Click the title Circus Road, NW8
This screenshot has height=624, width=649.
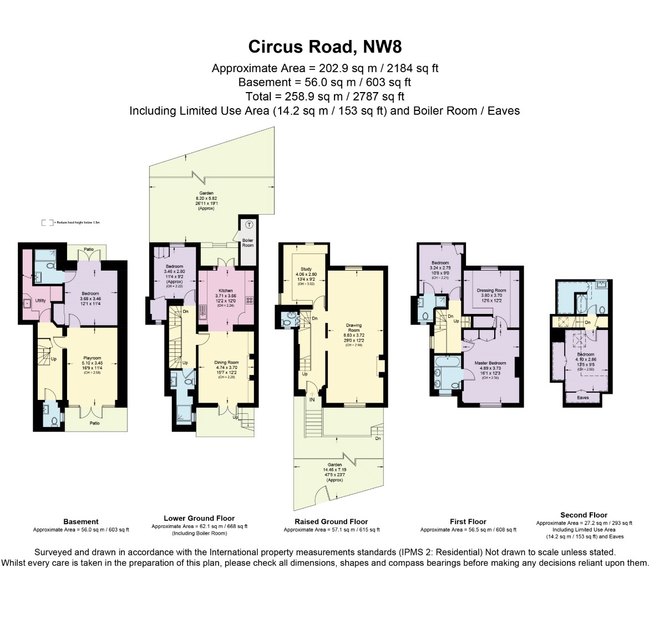pyautogui.click(x=324, y=47)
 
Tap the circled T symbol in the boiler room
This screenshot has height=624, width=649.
pyautogui.click(x=249, y=225)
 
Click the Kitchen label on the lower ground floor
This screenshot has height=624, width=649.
pyautogui.click(x=226, y=291)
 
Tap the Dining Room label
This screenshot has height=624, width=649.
pyautogui.click(x=226, y=363)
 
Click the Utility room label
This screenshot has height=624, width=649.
pyautogui.click(x=40, y=301)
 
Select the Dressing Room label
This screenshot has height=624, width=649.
pyautogui.click(x=491, y=291)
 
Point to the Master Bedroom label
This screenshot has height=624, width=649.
pyautogui.click(x=490, y=363)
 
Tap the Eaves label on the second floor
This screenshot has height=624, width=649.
pyautogui.click(x=582, y=397)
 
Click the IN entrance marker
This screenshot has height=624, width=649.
pyautogui.click(x=312, y=399)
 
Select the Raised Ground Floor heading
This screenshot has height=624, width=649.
pyautogui.click(x=331, y=521)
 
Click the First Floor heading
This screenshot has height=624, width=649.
pyautogui.click(x=468, y=521)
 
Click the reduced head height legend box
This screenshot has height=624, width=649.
pyautogui.click(x=47, y=222)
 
